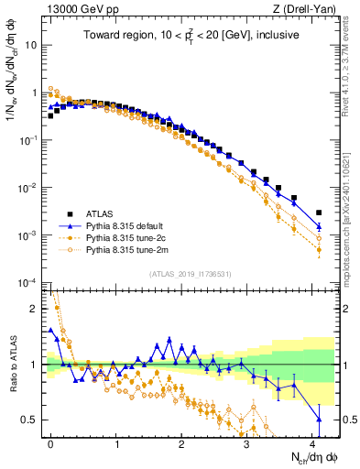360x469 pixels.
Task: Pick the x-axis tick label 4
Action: pos(313,442)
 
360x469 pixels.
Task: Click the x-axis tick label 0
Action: pos(51,442)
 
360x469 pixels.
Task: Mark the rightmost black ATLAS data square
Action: pos(319,213)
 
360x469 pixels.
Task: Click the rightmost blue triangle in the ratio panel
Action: pos(319,420)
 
